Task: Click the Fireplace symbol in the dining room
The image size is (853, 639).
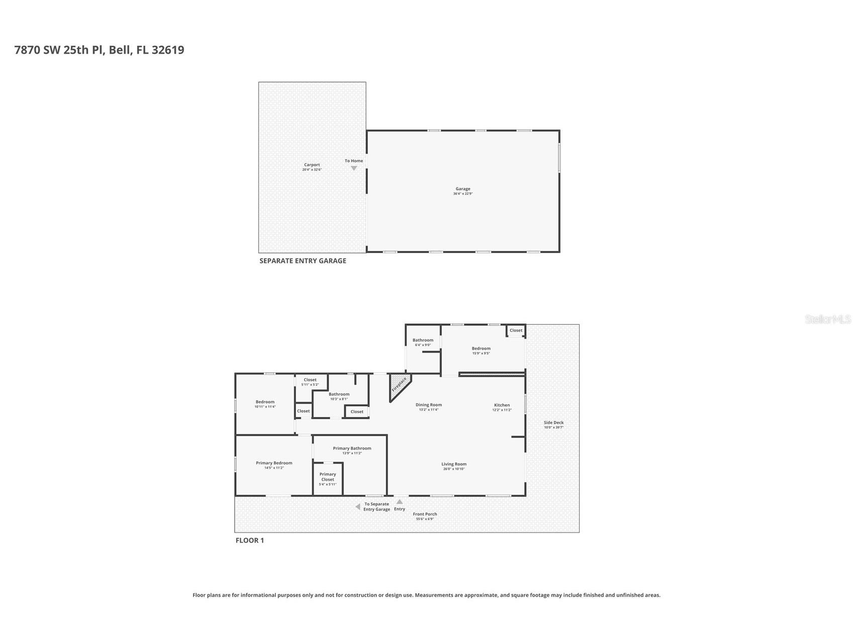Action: [399, 385]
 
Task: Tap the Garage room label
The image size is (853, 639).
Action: [462, 189]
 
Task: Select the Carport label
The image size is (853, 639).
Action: [312, 165]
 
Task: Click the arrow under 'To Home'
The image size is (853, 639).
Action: [354, 168]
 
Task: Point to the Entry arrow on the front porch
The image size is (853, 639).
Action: [399, 501]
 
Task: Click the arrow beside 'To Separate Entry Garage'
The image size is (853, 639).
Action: [358, 507]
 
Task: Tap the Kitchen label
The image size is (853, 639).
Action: [502, 405]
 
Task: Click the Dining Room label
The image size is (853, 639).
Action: [429, 405]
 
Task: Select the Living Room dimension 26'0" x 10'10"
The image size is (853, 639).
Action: [454, 469]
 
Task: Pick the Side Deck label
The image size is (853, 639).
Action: [553, 422]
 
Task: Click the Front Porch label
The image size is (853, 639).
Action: [425, 514]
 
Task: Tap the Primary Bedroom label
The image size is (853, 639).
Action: [274, 463]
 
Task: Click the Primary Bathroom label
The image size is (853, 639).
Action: [352, 448]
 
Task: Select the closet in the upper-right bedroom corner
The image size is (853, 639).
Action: [516, 331]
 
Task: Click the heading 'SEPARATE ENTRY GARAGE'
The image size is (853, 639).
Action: [303, 261]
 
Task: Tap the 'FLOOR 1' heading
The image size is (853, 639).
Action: [250, 541]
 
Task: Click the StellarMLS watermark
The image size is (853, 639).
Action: [827, 319]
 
